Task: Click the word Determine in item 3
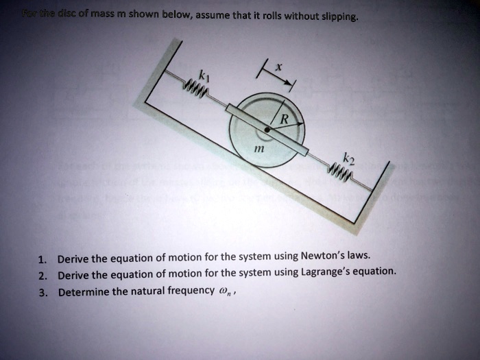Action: point(84,291)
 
